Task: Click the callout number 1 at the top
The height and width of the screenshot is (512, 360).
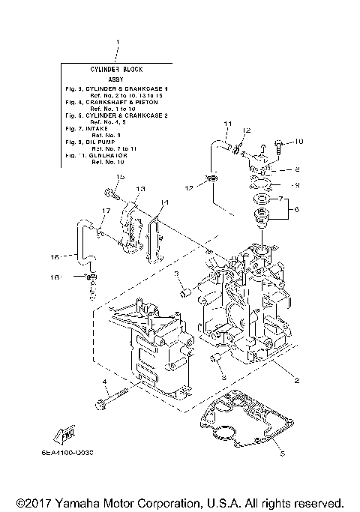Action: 118,43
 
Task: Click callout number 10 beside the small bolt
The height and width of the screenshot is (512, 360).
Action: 298,141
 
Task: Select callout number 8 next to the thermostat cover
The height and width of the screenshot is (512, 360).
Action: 297,169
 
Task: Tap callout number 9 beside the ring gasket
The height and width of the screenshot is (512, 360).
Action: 297,184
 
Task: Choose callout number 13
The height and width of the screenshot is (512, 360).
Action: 140,189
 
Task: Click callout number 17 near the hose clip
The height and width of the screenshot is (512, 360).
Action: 106,211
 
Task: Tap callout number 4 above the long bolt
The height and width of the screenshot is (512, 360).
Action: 106,383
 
